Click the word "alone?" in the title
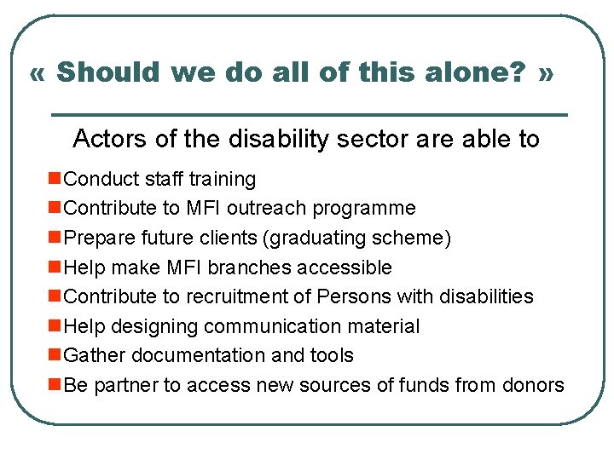(x=482, y=72)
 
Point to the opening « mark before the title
(x=37, y=73)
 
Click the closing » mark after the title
(x=547, y=73)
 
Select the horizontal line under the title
(x=310, y=114)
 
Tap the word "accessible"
(x=345, y=267)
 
